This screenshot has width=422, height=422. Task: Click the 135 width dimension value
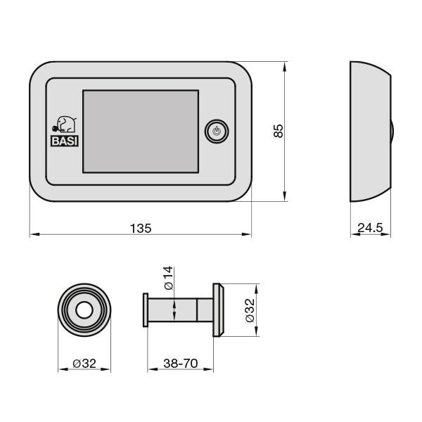pyautogui.click(x=141, y=228)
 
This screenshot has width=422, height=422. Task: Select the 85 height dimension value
pyautogui.click(x=278, y=130)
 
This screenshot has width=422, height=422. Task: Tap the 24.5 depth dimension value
pyautogui.click(x=370, y=228)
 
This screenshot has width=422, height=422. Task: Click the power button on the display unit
pyautogui.click(x=217, y=132)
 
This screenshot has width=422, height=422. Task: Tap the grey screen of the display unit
pyautogui.click(x=141, y=132)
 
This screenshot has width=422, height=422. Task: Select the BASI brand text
pyautogui.click(x=65, y=139)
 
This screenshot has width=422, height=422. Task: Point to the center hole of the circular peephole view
pyautogui.click(x=84, y=310)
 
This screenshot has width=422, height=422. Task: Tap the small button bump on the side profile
pyautogui.click(x=390, y=132)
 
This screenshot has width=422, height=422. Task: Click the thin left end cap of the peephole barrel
pyautogui.click(x=146, y=310)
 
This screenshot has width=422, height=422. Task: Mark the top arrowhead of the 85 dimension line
pyautogui.click(x=285, y=65)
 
